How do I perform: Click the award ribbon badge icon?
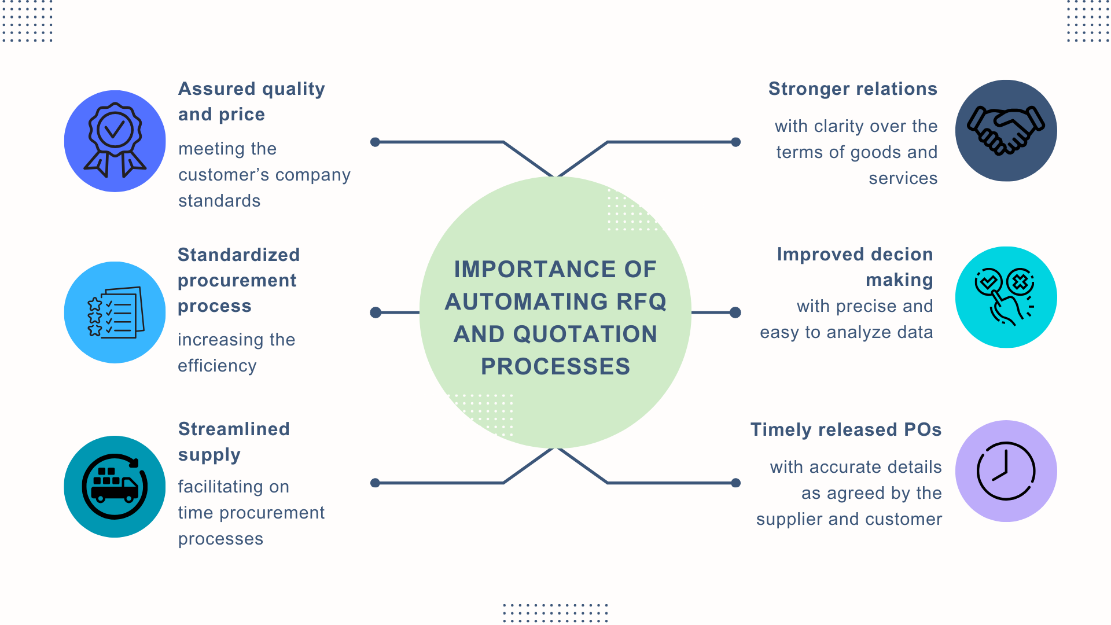pyautogui.click(x=115, y=141)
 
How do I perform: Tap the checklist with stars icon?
pyautogui.click(x=115, y=312)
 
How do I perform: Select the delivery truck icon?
pyautogui.click(x=115, y=487)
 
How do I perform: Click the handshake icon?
pyautogui.click(x=1006, y=131)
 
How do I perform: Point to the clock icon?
pyautogui.click(x=1006, y=471)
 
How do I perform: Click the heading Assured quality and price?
pyautogui.click(x=251, y=101)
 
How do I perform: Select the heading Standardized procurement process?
pyautogui.click(x=238, y=280)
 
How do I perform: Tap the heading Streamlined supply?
pyautogui.click(x=233, y=442)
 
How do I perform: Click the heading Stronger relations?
pyautogui.click(x=852, y=89)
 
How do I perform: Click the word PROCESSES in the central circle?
pyautogui.click(x=555, y=367)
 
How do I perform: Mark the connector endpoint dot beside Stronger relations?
pyautogui.click(x=735, y=142)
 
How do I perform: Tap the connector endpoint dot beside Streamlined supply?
pyautogui.click(x=375, y=483)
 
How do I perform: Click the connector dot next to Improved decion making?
pyautogui.click(x=735, y=312)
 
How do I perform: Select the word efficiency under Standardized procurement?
pyautogui.click(x=217, y=366)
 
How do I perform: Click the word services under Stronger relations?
pyautogui.click(x=903, y=178)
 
